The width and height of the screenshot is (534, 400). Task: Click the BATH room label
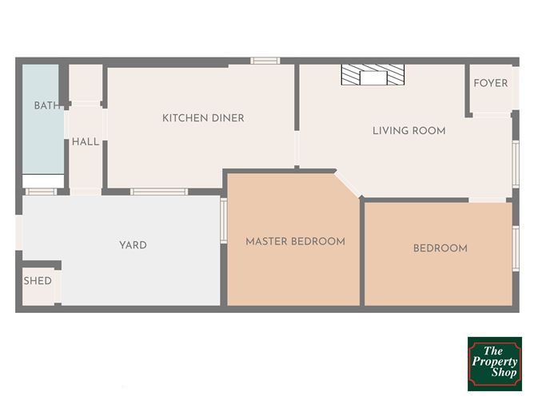pos(48,105)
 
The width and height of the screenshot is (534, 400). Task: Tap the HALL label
pos(86,141)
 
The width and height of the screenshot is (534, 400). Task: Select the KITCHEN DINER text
pos(203,118)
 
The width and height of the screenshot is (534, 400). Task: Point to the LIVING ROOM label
pos(409,131)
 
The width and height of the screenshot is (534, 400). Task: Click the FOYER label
pos(490,83)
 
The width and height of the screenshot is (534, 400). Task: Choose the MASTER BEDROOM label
pos(295,241)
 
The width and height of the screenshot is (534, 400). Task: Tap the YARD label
pos(133,245)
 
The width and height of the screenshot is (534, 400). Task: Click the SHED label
pos(38,280)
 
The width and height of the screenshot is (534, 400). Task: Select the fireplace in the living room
pos(373,74)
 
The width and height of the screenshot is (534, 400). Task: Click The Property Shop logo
pos(495,363)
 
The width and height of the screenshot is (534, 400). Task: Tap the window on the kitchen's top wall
pos(265,61)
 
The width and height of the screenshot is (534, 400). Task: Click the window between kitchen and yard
pos(159,192)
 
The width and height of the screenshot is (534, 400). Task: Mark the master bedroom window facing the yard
pos(224,220)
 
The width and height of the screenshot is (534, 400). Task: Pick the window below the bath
pos(42,192)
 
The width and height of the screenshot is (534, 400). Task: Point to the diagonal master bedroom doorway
pos(348,184)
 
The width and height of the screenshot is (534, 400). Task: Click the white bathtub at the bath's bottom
pos(43,180)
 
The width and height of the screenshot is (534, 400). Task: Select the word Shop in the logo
pos(504,372)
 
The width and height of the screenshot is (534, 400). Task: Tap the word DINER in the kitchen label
pos(228,118)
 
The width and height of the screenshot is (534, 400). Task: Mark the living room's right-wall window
pos(516,164)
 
